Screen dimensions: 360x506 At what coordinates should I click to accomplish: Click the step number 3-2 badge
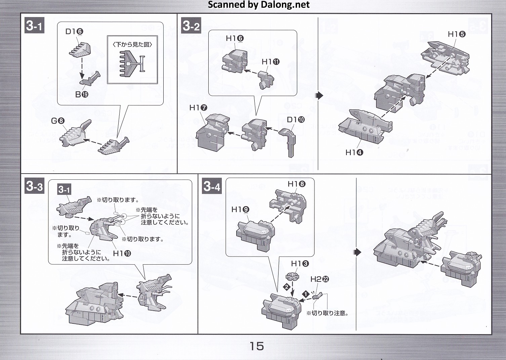(191, 26)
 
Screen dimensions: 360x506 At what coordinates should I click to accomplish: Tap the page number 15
(257, 346)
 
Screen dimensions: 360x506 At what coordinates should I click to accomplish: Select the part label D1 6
(74, 32)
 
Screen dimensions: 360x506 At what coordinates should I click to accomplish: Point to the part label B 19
(82, 95)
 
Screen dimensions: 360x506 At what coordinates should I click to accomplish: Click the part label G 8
(57, 121)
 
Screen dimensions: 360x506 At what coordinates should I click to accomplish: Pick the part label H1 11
(270, 62)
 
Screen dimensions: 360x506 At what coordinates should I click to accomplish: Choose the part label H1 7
(198, 107)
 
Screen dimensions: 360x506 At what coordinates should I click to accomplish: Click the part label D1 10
(296, 120)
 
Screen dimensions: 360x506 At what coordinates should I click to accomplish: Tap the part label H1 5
(457, 34)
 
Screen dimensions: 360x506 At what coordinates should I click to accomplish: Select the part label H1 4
(354, 152)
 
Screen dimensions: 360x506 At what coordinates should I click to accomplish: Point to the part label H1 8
(296, 184)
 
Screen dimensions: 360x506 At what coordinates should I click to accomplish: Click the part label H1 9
(240, 210)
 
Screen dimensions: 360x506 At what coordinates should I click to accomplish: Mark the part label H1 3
(300, 264)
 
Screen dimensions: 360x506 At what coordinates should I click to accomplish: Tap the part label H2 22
(320, 279)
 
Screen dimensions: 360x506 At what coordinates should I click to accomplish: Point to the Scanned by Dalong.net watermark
(259, 5)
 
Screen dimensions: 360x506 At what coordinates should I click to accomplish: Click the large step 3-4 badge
(212, 186)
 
